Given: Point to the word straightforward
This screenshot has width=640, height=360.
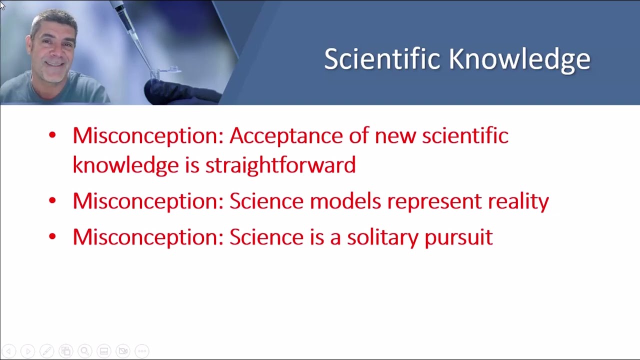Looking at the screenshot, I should pos(280,165).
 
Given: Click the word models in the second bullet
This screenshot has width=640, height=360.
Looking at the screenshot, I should pos(345,201).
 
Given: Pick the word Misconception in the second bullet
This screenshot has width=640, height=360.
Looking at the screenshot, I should pos(148,201).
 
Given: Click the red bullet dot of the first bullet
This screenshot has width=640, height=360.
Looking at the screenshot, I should pos(52,135).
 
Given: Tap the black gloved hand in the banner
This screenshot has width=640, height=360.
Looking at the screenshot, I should pos(180,91).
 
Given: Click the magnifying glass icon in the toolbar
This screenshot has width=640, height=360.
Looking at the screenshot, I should pos(84,351).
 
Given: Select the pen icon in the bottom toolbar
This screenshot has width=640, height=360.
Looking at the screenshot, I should pos(46,351).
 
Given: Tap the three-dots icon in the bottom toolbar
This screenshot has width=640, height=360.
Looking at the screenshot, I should pos(142,351).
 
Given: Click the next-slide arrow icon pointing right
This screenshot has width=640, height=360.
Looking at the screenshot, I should pos(27,351).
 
